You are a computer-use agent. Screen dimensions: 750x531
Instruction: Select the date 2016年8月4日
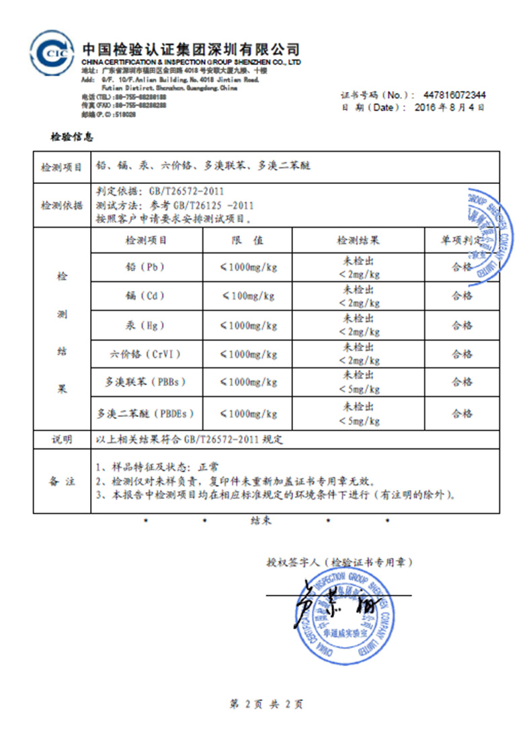(450, 107)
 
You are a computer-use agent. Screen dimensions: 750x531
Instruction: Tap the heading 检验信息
(73, 138)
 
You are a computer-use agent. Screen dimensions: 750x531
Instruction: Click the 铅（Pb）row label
(145, 267)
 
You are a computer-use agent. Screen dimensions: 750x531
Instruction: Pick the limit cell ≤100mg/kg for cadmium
(249, 296)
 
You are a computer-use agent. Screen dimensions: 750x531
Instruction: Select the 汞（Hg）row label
(145, 326)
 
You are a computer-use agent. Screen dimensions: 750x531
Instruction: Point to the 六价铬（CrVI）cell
(145, 354)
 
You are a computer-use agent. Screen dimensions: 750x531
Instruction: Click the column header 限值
(248, 240)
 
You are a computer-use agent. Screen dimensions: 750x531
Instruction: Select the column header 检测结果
(358, 240)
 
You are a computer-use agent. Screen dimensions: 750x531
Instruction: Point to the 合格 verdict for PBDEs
(462, 414)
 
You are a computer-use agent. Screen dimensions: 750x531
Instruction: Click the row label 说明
(62, 440)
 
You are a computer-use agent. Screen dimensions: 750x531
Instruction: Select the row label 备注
(62, 481)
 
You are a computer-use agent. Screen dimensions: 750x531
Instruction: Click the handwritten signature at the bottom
(329, 607)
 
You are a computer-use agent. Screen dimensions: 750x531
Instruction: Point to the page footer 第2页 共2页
(266, 704)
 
